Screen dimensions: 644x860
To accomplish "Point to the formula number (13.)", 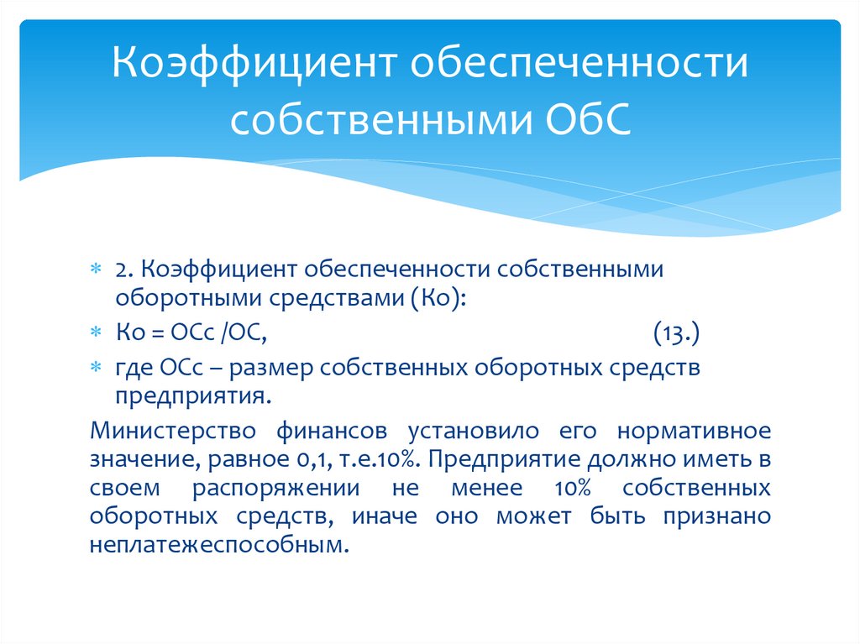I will pyautogui.click(x=676, y=335).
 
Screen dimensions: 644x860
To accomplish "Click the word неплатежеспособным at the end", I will pyautogui.click(x=217, y=545).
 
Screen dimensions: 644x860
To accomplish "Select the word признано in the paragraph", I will pyautogui.click(x=718, y=516).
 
